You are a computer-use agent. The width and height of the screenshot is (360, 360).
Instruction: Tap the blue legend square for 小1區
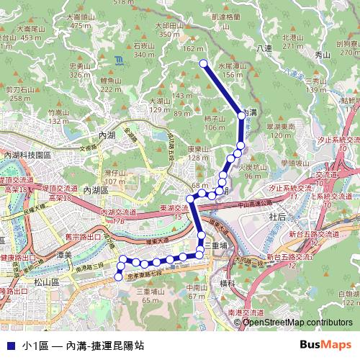click(x=9, y=346)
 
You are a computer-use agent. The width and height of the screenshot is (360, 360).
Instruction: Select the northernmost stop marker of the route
click(x=202, y=62)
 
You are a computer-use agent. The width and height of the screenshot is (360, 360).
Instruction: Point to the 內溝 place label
click(x=247, y=113)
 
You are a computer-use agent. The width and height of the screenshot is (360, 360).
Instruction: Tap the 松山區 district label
click(x=45, y=284)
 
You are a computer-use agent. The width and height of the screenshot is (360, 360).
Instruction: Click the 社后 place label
click(x=277, y=216)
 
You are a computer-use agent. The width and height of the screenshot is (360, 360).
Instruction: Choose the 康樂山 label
click(x=197, y=149)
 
